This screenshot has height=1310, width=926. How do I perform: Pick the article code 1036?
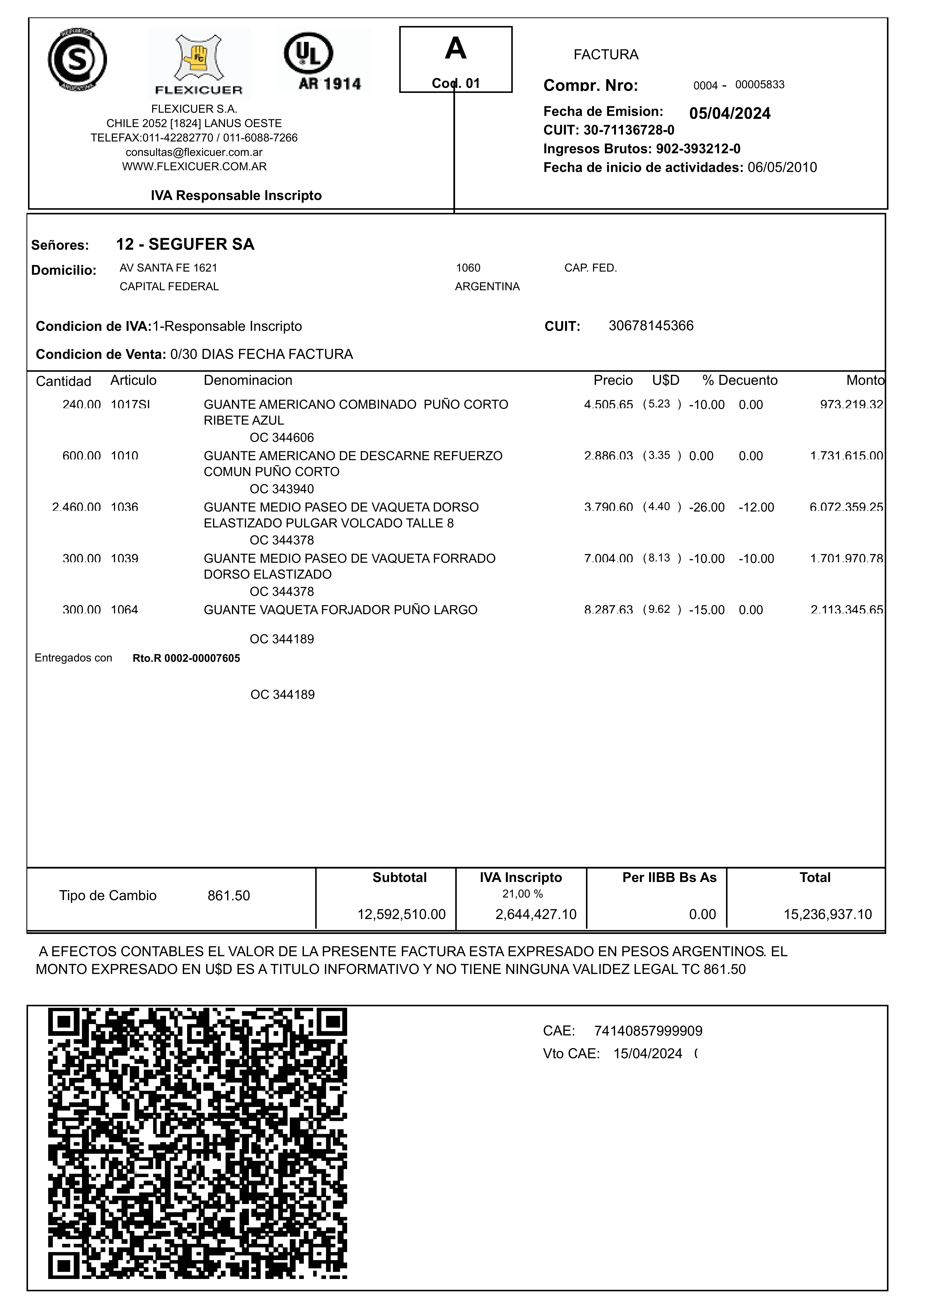124,507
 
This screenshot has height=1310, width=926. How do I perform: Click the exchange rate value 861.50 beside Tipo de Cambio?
229,896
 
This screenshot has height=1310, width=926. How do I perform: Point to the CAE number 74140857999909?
648,1031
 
